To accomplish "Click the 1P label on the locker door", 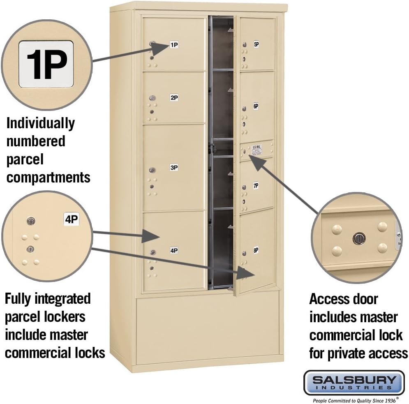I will [x=174, y=45].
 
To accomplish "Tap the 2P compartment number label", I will [x=174, y=98].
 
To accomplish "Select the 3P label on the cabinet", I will [x=174, y=168].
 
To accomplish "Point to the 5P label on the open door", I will [x=256, y=45].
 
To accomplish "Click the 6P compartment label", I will [x=256, y=106].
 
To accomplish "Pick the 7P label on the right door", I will [x=256, y=186].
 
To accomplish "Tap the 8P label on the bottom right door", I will [x=256, y=250].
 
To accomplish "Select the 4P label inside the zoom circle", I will [x=71, y=219].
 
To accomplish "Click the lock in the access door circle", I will [x=359, y=238].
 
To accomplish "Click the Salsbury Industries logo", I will [x=354, y=382].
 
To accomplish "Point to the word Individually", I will [x=40, y=123].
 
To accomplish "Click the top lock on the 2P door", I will [x=153, y=99].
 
